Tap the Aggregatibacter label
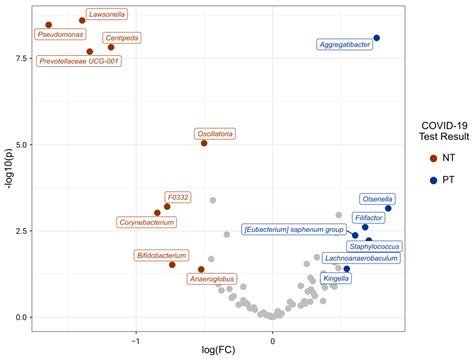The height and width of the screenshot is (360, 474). (x=344, y=45)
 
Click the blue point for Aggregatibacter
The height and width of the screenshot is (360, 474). (x=377, y=38)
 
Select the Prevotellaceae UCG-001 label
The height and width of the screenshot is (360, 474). (x=80, y=61)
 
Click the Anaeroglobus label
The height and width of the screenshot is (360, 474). (x=212, y=279)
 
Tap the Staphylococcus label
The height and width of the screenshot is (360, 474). (x=374, y=246)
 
